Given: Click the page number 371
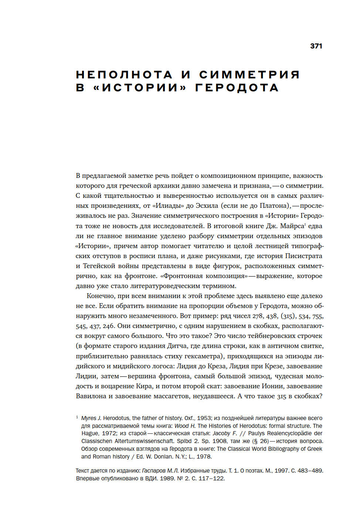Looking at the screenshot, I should (316, 46).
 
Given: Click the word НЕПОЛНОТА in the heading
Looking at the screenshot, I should (124, 75).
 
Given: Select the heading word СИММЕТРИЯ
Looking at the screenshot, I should (249, 75).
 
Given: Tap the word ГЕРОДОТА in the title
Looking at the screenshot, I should (237, 88).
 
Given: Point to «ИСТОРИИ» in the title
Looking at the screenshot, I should (140, 88).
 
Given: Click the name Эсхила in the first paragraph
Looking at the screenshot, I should (207, 206).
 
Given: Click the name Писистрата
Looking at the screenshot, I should (302, 256).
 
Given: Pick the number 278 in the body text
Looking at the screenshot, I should (257, 316).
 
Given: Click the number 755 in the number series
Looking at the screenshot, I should (317, 316).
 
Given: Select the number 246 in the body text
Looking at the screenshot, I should (108, 326).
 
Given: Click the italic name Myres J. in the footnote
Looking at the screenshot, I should (91, 418).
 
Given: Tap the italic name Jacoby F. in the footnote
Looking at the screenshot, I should (225, 433).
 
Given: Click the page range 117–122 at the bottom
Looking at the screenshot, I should (211, 479).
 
